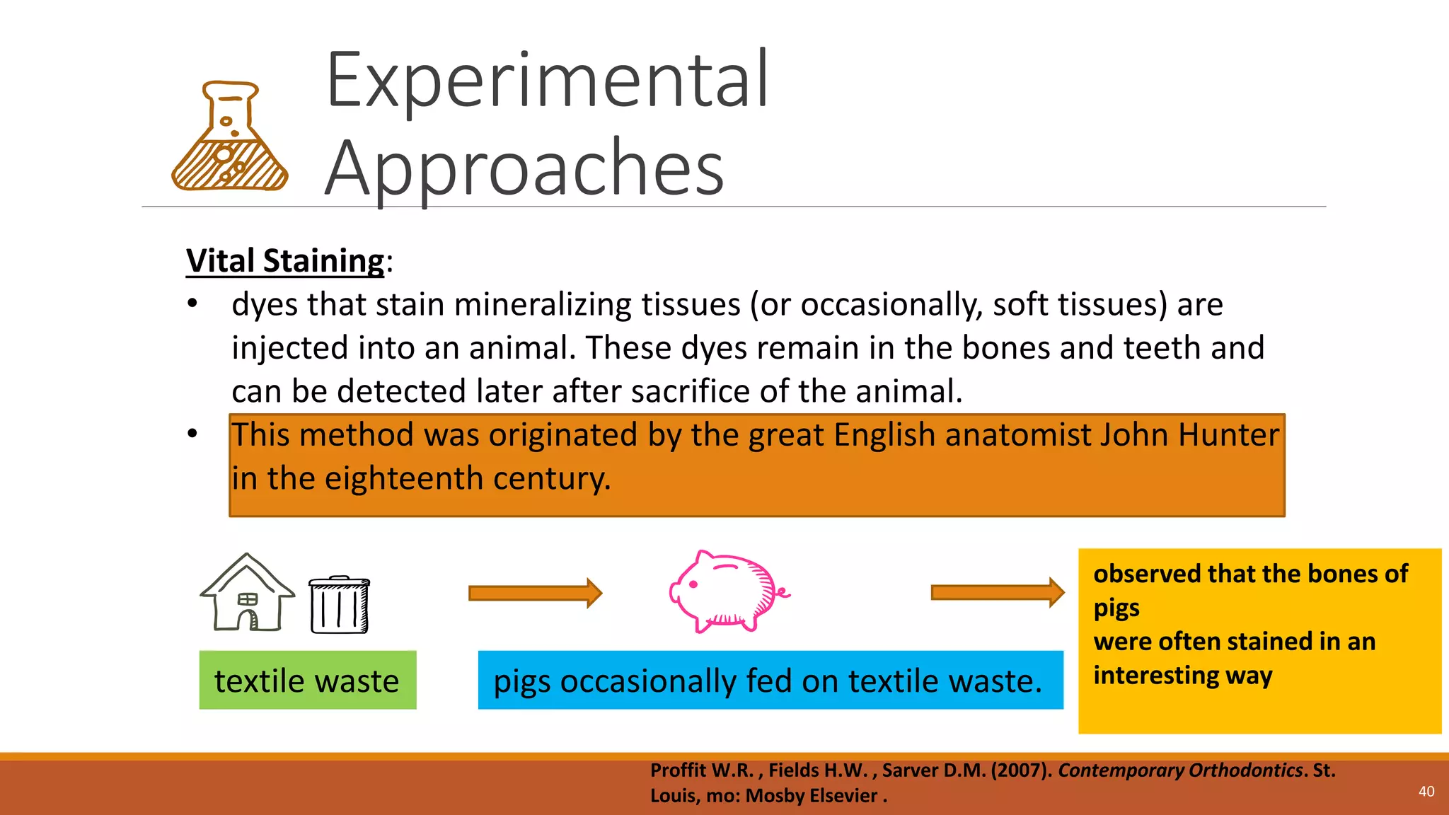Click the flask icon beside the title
(x=229, y=138)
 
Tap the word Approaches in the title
(x=524, y=168)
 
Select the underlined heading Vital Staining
(x=285, y=260)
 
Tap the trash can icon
(x=339, y=605)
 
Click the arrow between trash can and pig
(x=535, y=593)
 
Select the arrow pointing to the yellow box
(x=997, y=592)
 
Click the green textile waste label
(x=307, y=681)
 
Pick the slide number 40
(x=1426, y=792)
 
